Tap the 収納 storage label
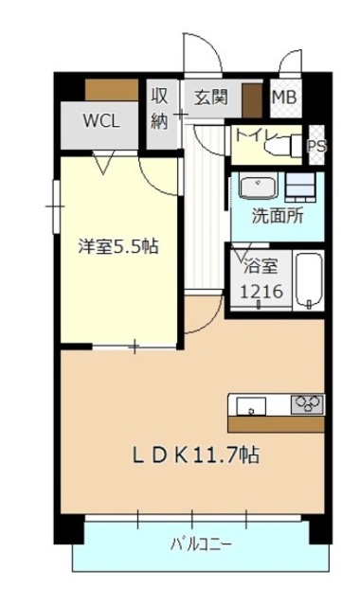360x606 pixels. pyautogui.click(x=160, y=108)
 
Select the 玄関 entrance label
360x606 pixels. pyautogui.click(x=211, y=97)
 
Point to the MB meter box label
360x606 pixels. pyautogui.click(x=283, y=97)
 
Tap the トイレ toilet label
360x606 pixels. pyautogui.click(x=255, y=134)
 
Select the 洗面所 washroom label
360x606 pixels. pyautogui.click(x=277, y=215)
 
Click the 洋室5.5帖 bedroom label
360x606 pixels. pyautogui.click(x=117, y=247)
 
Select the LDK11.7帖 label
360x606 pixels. pyautogui.click(x=194, y=454)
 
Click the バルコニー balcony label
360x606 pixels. pyautogui.click(x=201, y=544)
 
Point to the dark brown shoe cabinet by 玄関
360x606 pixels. pyautogui.click(x=251, y=100)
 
